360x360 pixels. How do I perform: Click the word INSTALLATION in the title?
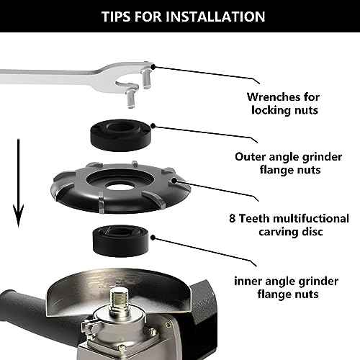(x=215, y=17)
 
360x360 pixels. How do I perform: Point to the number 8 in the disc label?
(x=233, y=218)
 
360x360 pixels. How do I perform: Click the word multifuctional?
(x=311, y=218)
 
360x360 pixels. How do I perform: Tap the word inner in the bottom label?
(x=247, y=281)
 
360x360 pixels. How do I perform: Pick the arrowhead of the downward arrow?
(x=18, y=215)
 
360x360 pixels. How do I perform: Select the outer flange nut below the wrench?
(x=121, y=135)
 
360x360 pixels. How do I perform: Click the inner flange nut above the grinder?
(x=121, y=240)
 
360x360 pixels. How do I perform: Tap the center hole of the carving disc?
(x=118, y=186)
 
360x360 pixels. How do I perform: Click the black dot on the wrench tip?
(x=153, y=67)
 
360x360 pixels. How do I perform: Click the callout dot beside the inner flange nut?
(x=153, y=238)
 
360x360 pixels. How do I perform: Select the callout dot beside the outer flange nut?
(x=153, y=125)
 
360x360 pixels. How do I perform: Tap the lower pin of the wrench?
(x=131, y=99)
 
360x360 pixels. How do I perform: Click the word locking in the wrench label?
(x=269, y=111)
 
